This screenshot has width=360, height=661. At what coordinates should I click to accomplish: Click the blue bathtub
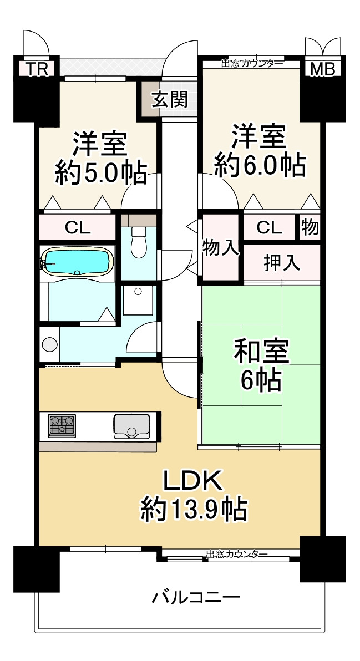tap(77, 261)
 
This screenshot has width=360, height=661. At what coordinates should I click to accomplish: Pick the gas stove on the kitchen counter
tap(61, 425)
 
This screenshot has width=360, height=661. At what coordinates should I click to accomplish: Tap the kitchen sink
tap(131, 426)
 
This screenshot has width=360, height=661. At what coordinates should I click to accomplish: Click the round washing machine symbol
tap(50, 344)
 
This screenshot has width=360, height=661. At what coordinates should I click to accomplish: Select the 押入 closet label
tap(282, 263)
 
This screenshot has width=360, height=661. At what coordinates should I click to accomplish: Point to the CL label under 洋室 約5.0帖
tap(78, 227)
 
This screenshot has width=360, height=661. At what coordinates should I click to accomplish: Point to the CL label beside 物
tap(269, 227)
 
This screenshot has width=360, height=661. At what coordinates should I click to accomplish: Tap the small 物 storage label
tap(310, 227)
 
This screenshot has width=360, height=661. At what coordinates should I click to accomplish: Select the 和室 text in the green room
tap(261, 352)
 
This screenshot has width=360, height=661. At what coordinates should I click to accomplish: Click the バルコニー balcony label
tap(196, 597)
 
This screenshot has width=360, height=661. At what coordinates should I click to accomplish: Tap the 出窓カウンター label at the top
tap(252, 63)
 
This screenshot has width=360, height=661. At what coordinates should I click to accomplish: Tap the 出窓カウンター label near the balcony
tap(237, 554)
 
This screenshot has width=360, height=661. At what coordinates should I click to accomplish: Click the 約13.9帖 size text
tap(193, 509)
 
